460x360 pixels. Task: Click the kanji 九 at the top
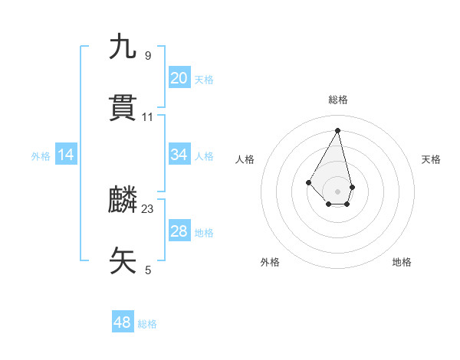[123, 47]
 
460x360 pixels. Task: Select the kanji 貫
[123, 109]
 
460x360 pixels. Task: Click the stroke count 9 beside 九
[148, 55]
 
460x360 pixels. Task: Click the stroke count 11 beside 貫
[148, 117]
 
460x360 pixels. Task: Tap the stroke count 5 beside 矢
[148, 270]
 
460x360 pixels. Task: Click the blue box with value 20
[179, 78]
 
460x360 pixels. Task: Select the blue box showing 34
[179, 155]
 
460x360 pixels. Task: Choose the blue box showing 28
[179, 231]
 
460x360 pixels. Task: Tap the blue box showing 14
[66, 155]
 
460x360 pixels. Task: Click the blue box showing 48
[123, 322]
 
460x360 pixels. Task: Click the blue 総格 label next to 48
[147, 324]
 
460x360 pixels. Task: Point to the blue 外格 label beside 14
[41, 156]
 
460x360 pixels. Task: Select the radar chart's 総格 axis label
[338, 100]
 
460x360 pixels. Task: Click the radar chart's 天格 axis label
[431, 159]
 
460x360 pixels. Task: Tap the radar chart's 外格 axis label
[270, 262]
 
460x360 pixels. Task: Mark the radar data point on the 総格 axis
[337, 130]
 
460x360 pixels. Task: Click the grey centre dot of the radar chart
[337, 191]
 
